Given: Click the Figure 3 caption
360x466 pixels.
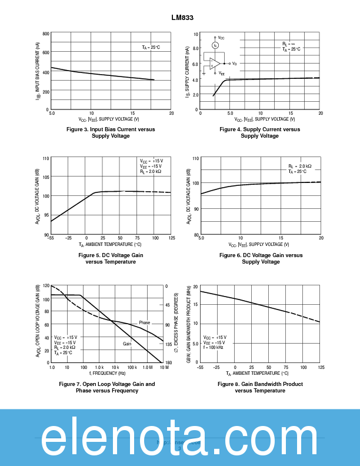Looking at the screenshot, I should point(111,132).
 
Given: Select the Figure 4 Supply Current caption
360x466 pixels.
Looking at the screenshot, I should point(259,132).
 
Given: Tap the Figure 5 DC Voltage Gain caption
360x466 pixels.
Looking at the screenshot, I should point(111,258).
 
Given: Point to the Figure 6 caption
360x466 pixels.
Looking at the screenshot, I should point(261,258).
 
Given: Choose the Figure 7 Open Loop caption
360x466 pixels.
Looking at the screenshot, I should point(107,387).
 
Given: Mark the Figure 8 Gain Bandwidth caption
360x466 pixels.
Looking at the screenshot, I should point(260,387).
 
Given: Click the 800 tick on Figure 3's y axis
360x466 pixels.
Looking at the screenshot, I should point(46,34).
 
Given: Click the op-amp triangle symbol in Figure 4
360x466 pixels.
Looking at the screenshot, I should point(215,63).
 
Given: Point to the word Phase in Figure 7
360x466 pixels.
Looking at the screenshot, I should point(145,322).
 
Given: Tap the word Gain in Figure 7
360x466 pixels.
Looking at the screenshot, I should point(127,343).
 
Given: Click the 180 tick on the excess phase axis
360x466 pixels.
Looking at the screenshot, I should point(168,362).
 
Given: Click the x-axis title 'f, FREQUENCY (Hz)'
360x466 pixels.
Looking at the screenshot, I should point(108,373).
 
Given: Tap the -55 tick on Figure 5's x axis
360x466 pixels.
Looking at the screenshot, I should point(52,238).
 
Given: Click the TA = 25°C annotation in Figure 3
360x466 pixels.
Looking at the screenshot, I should point(151,47).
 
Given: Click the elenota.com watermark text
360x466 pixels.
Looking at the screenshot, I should point(179,438).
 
